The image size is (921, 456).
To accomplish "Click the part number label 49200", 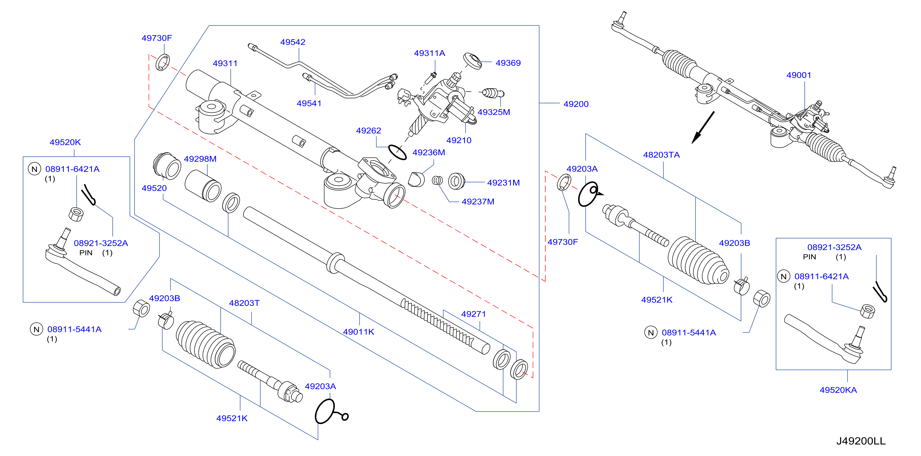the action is coord(576,104).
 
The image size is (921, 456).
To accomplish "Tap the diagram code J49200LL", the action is coord(861,441).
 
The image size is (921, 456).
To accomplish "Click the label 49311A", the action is coord(429,53).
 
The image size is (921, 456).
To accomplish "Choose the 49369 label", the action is coord(508,63).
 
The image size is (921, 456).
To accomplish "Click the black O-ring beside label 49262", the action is coord(397,152).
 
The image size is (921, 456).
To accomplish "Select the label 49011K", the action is coord(358,332).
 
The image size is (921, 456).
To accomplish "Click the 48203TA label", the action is coord(661,155).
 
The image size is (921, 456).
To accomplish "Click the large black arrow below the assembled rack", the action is coord(703,128).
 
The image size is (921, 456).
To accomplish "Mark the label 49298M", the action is coord(200,159).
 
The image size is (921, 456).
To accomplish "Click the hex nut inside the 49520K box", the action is coord(76,214).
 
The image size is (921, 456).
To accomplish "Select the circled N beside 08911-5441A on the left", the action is coord(37,329).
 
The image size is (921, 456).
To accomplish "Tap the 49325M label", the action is coord(494,112).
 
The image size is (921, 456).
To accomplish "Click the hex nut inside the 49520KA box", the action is coord(867,311).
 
